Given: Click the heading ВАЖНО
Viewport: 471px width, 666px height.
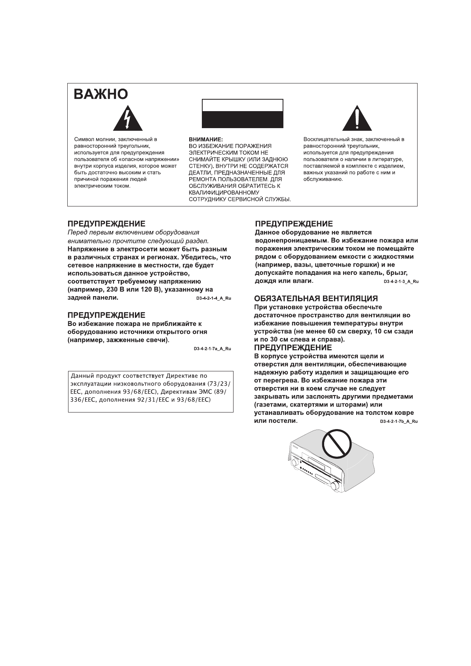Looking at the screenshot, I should pos(101,94).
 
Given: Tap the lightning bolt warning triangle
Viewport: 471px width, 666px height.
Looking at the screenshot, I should pos(127,119).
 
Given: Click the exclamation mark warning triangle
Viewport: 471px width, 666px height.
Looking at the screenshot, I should pos(357,119).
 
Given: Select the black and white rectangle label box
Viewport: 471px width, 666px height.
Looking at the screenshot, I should pos(243,114).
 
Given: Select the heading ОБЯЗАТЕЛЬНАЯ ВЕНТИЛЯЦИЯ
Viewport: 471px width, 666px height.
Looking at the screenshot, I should pos(316,299).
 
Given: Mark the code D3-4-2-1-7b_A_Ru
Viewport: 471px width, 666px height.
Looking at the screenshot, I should pos(399,422).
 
